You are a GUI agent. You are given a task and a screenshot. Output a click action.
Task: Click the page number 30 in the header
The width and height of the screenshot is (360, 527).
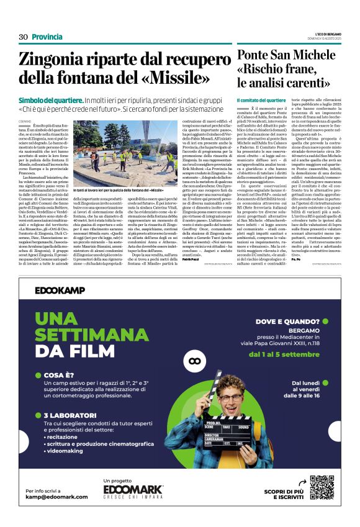point(24,37)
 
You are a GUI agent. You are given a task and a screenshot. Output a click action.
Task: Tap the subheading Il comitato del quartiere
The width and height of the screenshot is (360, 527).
point(261,100)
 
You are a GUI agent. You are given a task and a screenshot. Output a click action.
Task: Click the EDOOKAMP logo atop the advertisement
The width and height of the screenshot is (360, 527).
point(60,290)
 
